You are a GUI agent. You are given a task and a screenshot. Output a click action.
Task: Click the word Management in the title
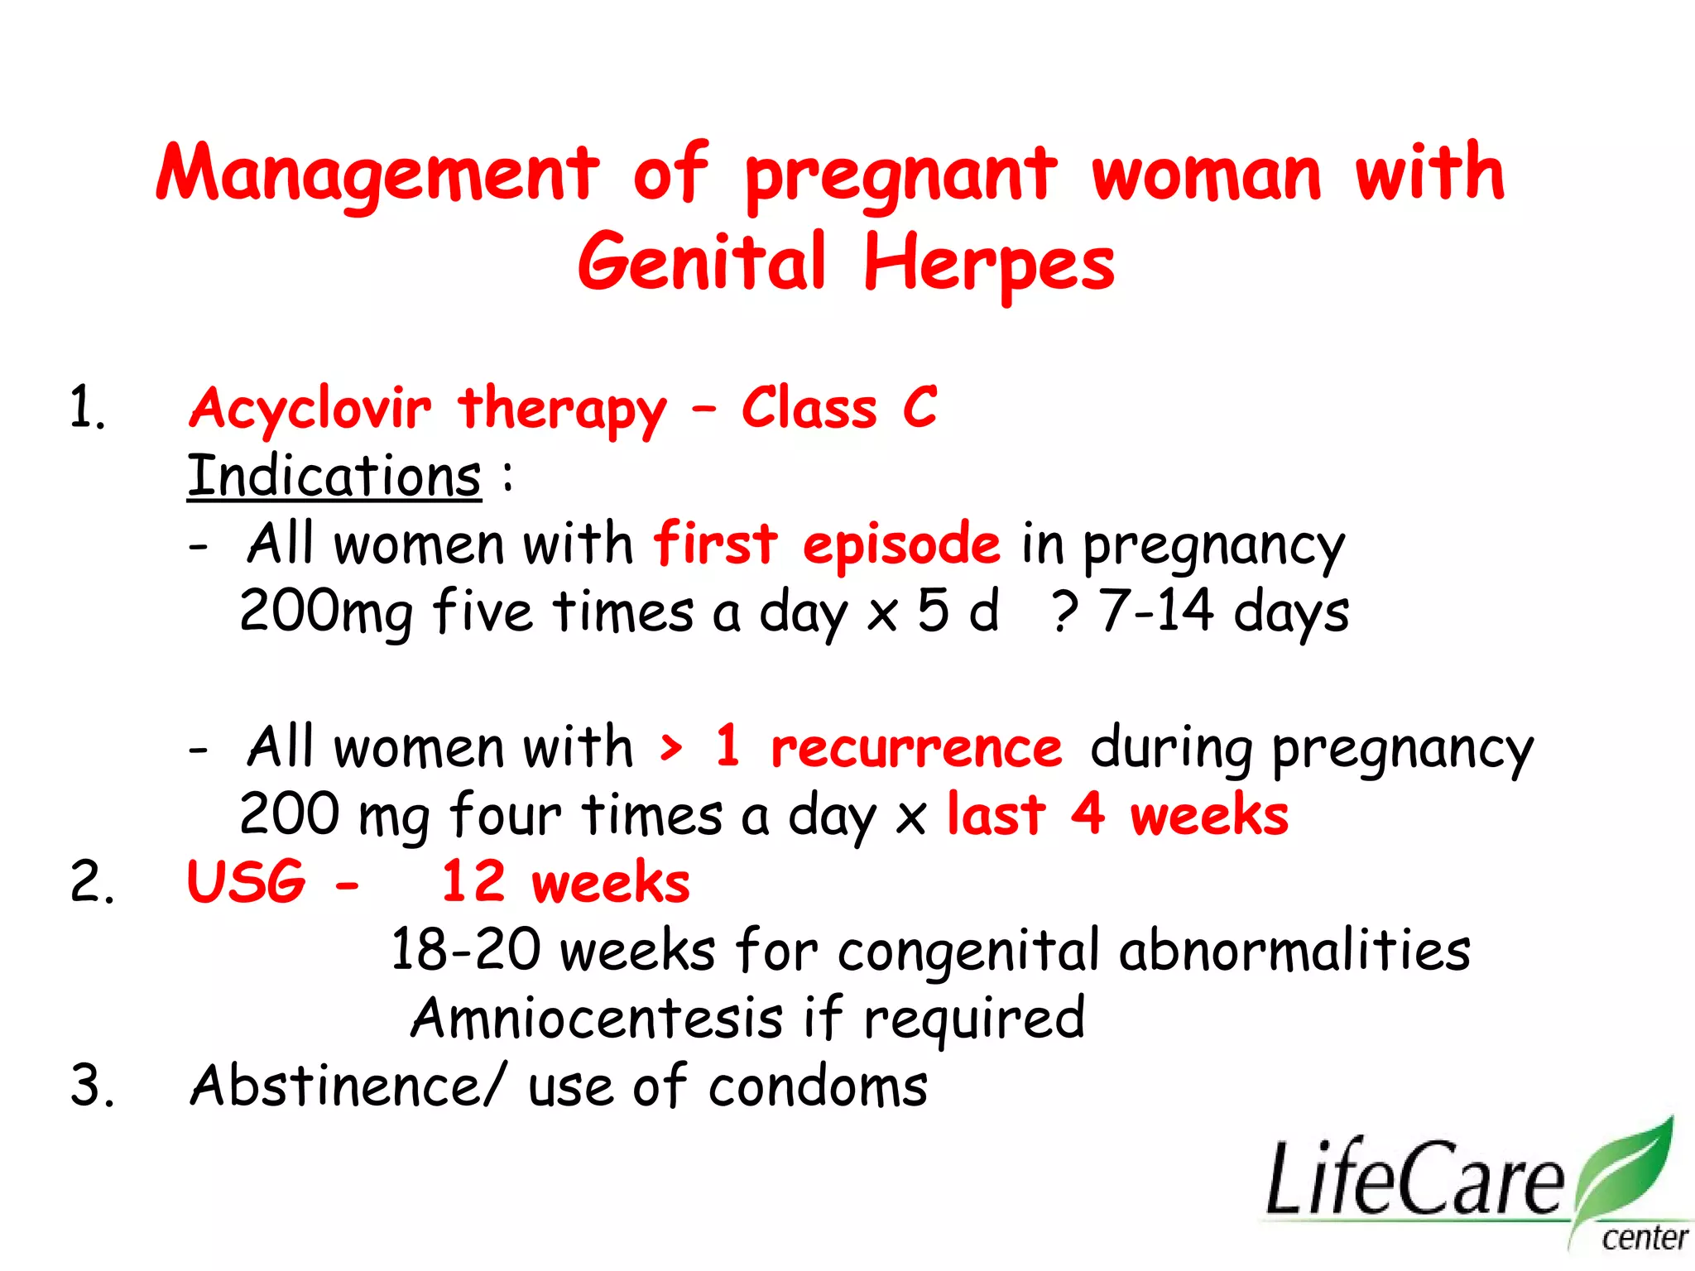click(377, 174)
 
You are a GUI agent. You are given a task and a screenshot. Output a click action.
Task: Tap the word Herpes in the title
click(989, 263)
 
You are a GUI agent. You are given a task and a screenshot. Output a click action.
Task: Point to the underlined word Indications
click(334, 477)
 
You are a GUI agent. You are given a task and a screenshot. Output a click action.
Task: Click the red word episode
click(901, 544)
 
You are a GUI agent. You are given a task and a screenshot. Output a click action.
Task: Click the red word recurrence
click(916, 748)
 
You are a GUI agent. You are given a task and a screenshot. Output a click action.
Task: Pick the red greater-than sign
click(671, 748)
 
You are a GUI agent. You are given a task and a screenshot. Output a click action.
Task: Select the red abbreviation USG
click(246, 882)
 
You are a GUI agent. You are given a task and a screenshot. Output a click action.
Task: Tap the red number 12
click(473, 882)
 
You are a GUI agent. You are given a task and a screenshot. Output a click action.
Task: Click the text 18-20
click(466, 950)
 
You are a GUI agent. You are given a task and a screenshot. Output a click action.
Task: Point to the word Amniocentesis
click(596, 1018)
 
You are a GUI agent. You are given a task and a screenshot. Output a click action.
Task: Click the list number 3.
click(91, 1086)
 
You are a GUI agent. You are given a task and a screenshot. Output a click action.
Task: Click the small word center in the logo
click(1645, 1239)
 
